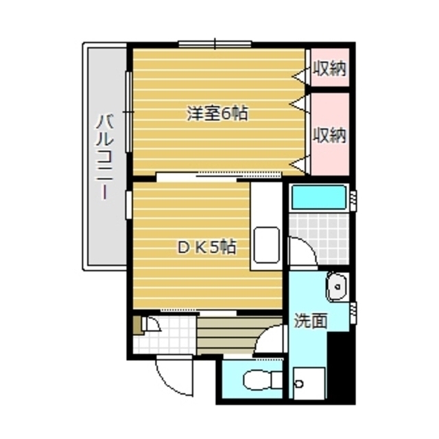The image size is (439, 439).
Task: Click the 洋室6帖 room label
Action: (217, 113)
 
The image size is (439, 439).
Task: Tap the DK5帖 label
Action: (206, 247)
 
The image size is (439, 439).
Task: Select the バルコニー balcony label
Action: (105, 157)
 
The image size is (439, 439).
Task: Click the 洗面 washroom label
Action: (311, 320)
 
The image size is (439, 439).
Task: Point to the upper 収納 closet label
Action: (329, 68)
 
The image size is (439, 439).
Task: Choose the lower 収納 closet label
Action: (329, 135)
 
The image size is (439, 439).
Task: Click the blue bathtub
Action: (319, 197)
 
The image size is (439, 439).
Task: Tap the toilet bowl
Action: (263, 380)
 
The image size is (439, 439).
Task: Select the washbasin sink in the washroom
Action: (337, 287)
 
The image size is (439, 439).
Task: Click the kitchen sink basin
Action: (266, 245)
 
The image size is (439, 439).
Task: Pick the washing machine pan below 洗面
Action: (309, 383)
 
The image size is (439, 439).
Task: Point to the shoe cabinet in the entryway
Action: (138, 325)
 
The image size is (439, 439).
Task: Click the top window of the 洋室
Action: (215, 44)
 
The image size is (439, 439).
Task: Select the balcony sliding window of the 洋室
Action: (128, 112)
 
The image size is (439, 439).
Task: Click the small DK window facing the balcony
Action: (128, 204)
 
